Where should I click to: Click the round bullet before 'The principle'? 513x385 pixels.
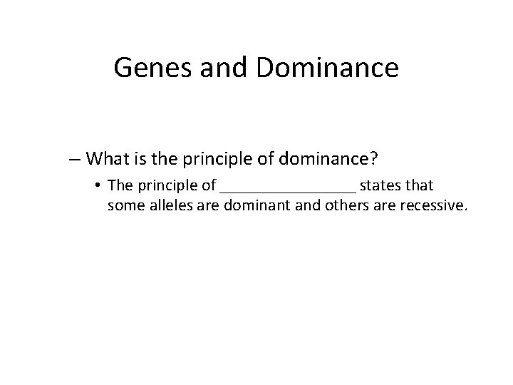96,186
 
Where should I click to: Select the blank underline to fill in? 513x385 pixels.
288,190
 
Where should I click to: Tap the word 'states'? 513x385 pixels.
382,186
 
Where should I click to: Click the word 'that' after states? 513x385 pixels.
420,186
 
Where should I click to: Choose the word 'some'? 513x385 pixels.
125,207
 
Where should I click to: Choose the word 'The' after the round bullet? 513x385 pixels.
119,186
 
